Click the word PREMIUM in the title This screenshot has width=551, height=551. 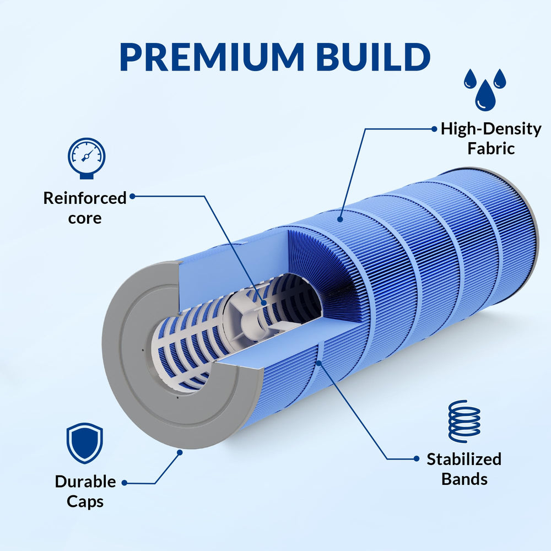point(212,57)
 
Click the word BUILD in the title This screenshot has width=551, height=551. point(373,57)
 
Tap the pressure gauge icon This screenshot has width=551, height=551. point(87,158)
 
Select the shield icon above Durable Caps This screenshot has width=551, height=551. point(85,443)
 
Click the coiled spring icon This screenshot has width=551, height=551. point(464,421)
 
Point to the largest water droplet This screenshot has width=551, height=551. point(485,95)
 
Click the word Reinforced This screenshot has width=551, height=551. point(85,198)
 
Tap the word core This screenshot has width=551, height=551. point(85,218)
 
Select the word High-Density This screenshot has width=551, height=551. point(491,129)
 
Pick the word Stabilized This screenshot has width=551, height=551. point(464,459)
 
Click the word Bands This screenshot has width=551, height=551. point(464,479)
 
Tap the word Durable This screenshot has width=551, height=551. point(85,482)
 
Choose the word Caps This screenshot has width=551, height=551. point(85,501)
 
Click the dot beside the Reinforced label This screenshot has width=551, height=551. point(132,197)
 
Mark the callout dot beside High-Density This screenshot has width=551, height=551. point(434,129)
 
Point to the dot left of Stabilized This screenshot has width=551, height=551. point(417,458)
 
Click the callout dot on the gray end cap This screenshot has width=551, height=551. point(180,452)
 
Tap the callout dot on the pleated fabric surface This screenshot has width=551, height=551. point(340,219)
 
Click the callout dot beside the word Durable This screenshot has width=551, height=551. point(125,483)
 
